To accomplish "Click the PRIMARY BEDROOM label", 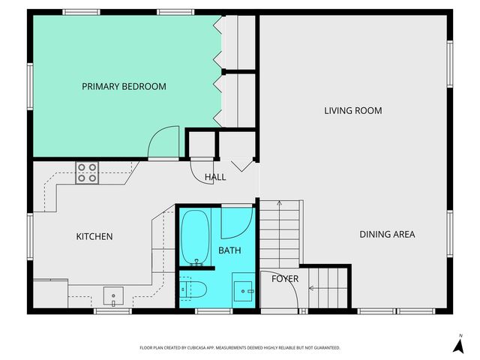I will tap(124, 87).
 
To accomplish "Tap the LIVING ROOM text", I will tap(352, 111).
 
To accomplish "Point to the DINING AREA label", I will tap(387, 235).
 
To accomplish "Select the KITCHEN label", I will tap(94, 237).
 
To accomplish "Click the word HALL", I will tap(215, 177).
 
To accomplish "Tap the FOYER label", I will tap(285, 279).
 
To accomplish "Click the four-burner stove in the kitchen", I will tap(87, 173).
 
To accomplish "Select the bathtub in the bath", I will tap(196, 238).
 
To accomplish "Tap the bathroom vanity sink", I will tap(243, 289).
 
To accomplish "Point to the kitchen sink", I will tap(113, 296).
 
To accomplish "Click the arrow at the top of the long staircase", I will tap(279, 204).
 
